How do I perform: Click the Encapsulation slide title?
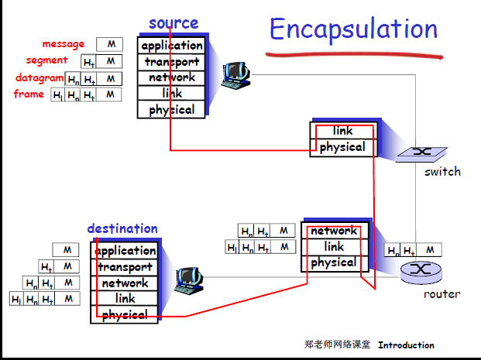(x=353, y=29)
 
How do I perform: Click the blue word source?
(x=174, y=23)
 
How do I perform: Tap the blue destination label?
(x=122, y=228)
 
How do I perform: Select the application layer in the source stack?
(x=172, y=46)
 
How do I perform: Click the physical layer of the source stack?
(x=172, y=109)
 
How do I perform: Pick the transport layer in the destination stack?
(x=125, y=267)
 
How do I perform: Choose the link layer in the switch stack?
(x=342, y=131)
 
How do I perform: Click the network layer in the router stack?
(x=334, y=231)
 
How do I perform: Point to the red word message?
(x=64, y=44)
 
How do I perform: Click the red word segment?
(x=46, y=60)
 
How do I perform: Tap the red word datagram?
(x=40, y=77)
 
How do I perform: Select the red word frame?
(x=29, y=94)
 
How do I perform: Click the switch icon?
(x=421, y=152)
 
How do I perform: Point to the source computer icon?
(x=234, y=72)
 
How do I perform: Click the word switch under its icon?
(x=441, y=171)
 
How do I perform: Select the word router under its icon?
(x=441, y=294)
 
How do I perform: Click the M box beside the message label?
(x=110, y=44)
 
